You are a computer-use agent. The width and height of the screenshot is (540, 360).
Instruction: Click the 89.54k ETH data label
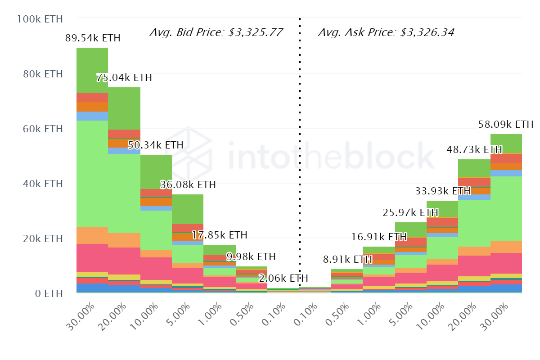point(93,38)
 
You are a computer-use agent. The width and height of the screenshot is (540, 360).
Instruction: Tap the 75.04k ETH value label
point(124,77)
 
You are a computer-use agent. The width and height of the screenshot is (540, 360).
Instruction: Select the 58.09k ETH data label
point(506,124)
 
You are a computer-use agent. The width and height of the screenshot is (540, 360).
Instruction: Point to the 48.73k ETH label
point(474,149)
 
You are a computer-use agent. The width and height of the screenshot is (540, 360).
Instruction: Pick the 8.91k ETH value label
point(347,260)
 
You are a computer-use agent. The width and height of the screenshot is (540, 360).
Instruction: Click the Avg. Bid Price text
point(216,32)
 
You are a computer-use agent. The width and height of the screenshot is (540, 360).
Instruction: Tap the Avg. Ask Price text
point(386,32)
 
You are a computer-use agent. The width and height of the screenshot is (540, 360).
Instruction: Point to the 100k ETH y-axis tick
point(39,19)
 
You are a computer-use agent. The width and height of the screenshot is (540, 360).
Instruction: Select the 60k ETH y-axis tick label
point(43,129)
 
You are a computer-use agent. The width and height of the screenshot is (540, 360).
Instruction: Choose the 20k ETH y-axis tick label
point(43,238)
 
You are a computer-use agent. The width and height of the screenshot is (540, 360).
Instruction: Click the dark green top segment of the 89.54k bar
point(92,70)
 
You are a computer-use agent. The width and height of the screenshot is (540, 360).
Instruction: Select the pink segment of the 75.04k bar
point(125,261)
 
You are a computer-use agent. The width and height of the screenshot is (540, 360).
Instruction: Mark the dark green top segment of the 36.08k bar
point(188,209)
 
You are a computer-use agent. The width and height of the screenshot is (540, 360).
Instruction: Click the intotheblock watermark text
point(331,155)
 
